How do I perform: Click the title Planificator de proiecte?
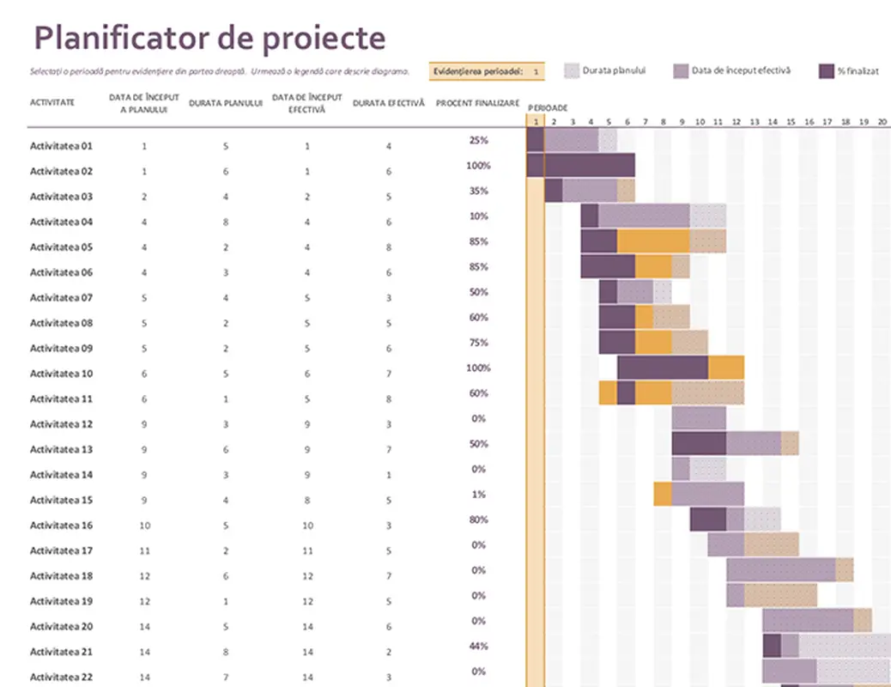point(209,38)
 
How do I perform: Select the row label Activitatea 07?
point(61,298)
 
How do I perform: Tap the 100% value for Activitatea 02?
point(478,166)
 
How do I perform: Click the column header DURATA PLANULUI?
point(225,103)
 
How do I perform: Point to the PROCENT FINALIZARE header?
point(477,103)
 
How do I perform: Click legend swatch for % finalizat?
point(827,71)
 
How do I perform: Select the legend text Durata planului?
point(614,71)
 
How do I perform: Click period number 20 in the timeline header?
point(882,122)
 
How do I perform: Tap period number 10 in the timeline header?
point(700,122)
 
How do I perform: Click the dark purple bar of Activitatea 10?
point(662,368)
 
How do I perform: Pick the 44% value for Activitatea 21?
point(478,646)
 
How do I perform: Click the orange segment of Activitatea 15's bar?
point(662,494)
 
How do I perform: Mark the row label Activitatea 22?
point(61,678)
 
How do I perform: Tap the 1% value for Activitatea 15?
point(478,495)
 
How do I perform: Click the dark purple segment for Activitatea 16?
point(707,520)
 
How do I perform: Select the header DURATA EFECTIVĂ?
point(388,103)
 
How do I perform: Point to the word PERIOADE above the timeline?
point(547,107)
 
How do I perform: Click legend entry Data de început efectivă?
point(741,71)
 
